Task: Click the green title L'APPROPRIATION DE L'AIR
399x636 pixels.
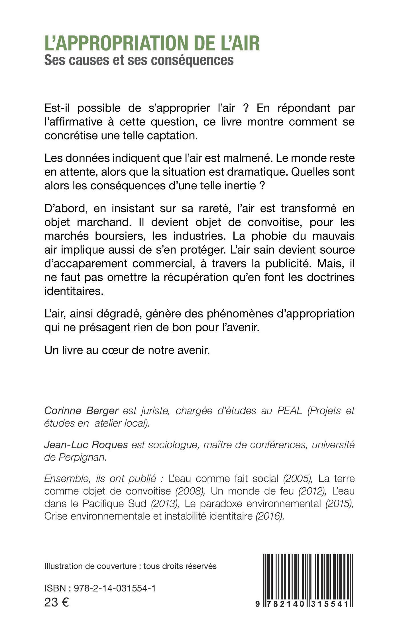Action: (152, 43)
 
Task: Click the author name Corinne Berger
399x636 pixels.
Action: (81, 411)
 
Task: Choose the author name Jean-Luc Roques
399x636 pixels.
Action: (86, 445)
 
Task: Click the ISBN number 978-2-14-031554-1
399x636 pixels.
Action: (115, 588)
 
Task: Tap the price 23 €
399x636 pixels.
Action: (56, 602)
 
